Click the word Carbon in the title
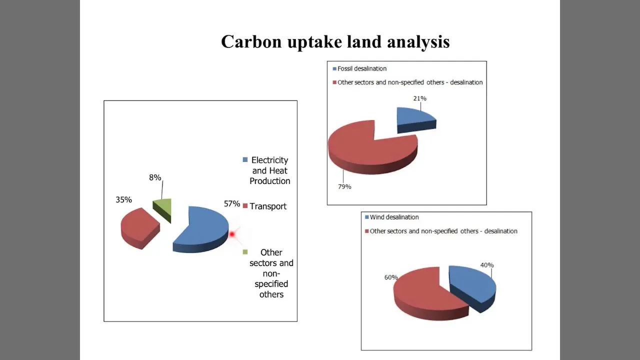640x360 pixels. [x=251, y=41]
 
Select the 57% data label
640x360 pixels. [x=231, y=203]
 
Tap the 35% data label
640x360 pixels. [x=123, y=199]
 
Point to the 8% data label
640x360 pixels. [x=155, y=177]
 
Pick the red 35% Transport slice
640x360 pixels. [x=139, y=228]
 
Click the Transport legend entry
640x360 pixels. [x=264, y=206]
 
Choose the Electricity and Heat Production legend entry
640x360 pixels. [x=266, y=170]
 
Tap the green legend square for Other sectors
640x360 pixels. [x=245, y=251]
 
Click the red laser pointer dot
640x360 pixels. [x=232, y=234]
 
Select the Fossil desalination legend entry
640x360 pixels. [x=359, y=68]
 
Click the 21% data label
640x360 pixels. [x=419, y=98]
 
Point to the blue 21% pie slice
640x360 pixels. [x=416, y=120]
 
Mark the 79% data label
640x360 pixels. [x=344, y=186]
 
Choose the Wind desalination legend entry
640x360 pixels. [x=392, y=217]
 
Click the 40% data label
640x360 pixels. [x=487, y=265]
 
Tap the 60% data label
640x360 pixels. [x=391, y=277]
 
